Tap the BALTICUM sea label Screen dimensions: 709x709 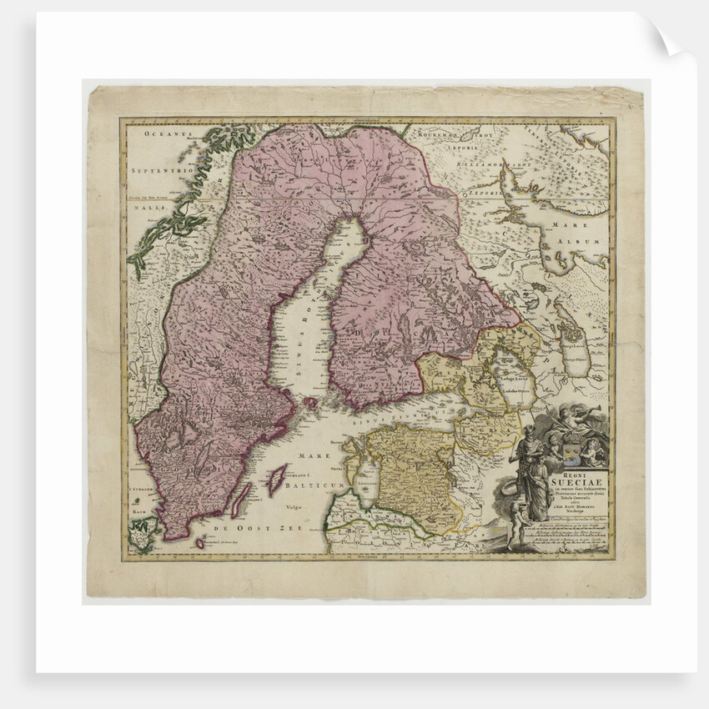tap(311, 483)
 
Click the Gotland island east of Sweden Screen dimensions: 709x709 tap(275, 480)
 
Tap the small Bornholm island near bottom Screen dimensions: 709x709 tap(199, 543)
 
